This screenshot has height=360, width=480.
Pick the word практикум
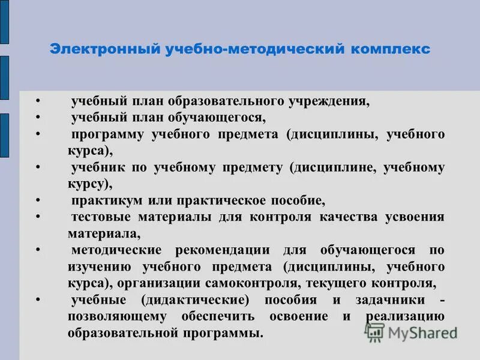point(104,200)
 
